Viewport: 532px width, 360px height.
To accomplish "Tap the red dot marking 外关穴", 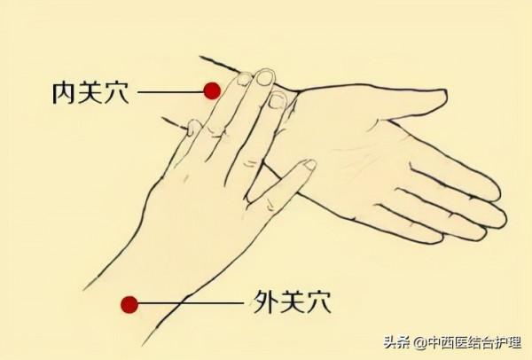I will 129,305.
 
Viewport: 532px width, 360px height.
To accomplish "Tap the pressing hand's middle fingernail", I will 264,77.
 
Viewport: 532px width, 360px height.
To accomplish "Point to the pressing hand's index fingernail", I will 243,81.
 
